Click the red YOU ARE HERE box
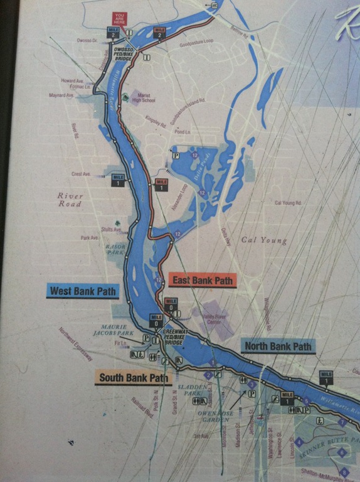coord(120,19)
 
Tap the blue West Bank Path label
coord(83,291)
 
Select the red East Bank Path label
coord(202,281)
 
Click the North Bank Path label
coord(277,346)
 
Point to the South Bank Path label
coord(133,378)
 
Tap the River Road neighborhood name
coord(70,200)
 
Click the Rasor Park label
coord(116,250)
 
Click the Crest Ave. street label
coord(82,174)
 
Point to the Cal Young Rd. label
coord(288,203)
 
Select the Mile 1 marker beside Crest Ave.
coord(118,180)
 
